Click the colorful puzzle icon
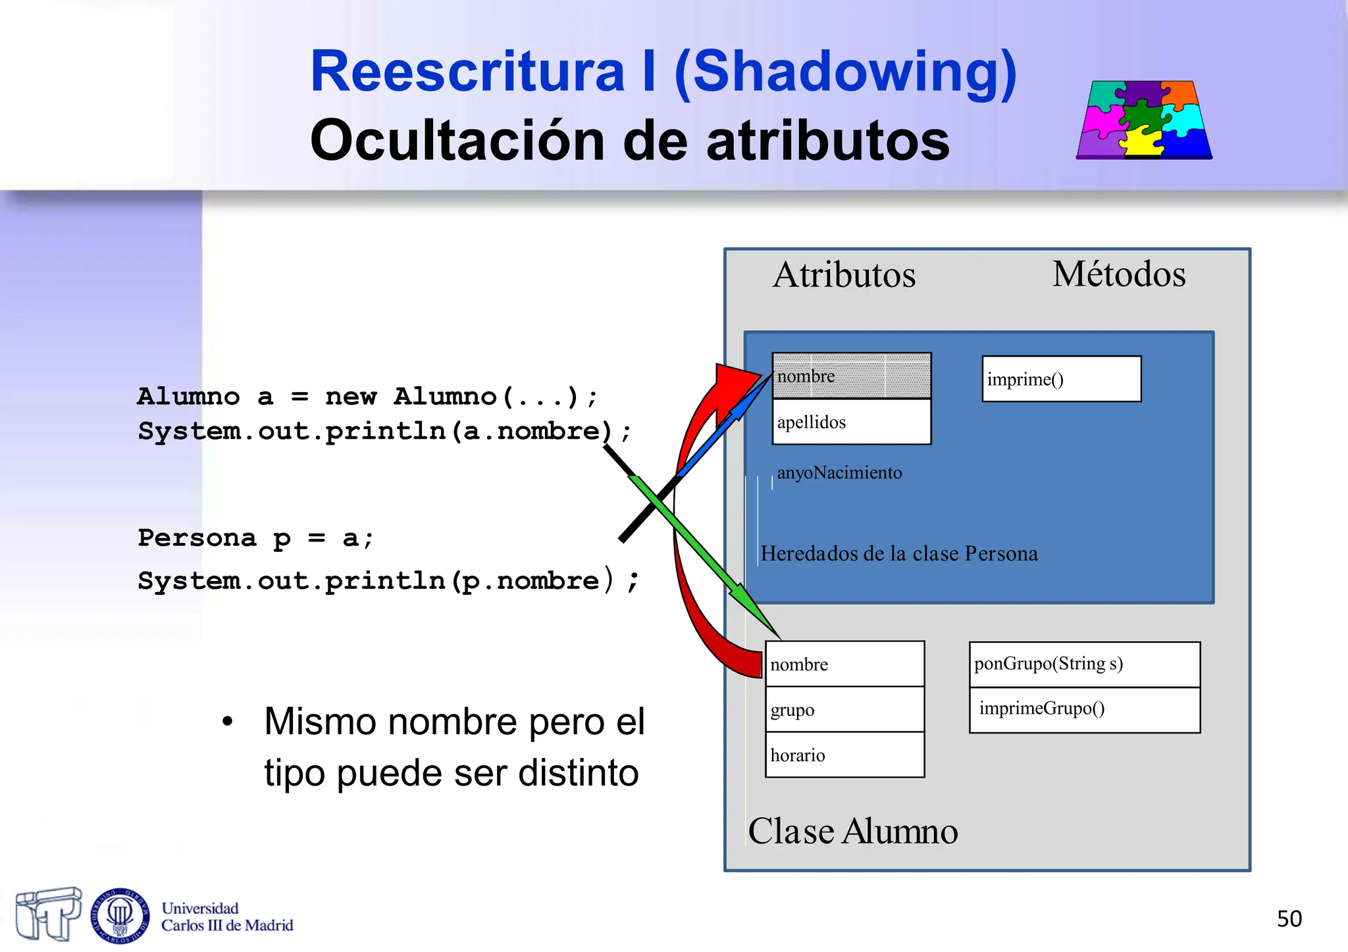coord(1144,120)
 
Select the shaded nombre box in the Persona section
coord(851,376)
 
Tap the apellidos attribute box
coord(851,422)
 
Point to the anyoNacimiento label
coord(839,472)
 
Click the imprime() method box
coord(1061,379)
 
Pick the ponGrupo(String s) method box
coord(1084,664)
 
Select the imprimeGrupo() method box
coord(1084,709)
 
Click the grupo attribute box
coord(844,709)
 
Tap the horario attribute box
coord(844,755)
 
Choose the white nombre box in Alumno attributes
coord(844,664)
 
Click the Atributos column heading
coord(844,275)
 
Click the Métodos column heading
coord(1118,274)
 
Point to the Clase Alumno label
coord(852,831)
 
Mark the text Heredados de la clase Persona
coord(899,553)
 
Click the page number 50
coord(1289,918)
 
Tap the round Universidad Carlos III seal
coord(120,915)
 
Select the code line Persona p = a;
coord(255,538)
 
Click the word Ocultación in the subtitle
coord(456,140)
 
